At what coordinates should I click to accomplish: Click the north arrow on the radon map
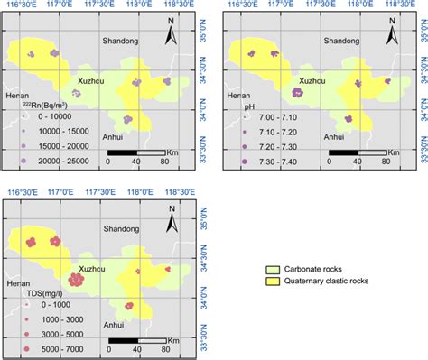coord(171,35)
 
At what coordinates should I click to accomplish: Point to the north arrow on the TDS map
coord(171,217)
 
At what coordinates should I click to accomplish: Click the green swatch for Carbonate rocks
coord(268,269)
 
